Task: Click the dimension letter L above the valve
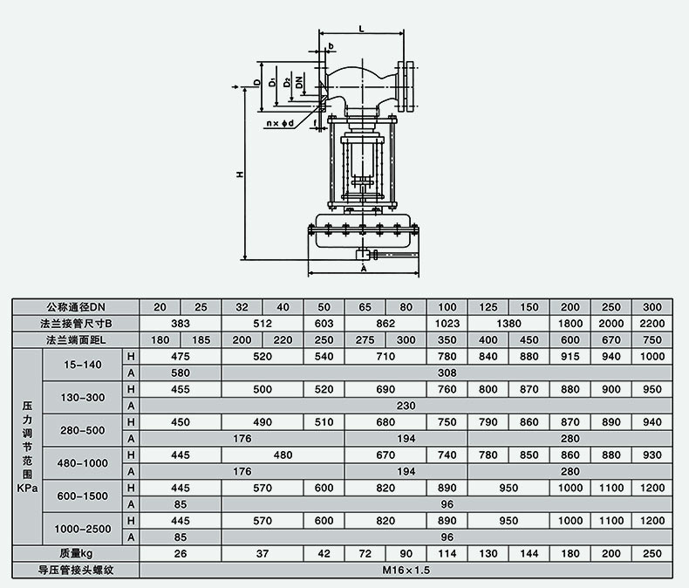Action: click(x=362, y=29)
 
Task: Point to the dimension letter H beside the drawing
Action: click(x=240, y=174)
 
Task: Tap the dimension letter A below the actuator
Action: click(x=364, y=268)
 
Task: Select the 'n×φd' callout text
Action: click(x=280, y=124)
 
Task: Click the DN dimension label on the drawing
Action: click(x=299, y=82)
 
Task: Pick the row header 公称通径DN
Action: click(x=76, y=307)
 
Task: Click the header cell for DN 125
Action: click(x=488, y=307)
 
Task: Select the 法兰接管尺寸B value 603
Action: click(x=324, y=324)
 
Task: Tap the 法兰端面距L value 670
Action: click(x=611, y=339)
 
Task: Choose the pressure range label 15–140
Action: click(x=83, y=365)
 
